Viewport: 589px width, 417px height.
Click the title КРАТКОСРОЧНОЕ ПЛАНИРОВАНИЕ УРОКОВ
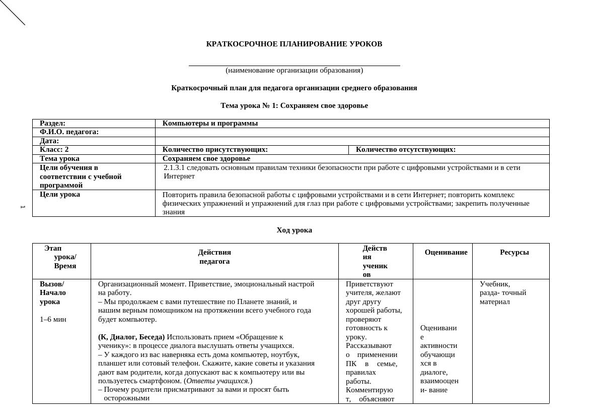[x=294, y=44]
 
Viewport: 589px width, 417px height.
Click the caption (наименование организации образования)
[x=294, y=71]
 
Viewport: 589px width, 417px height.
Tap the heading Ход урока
[x=294, y=230]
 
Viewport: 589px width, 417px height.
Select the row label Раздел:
[x=53, y=124]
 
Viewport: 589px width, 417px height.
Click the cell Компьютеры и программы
[x=210, y=124]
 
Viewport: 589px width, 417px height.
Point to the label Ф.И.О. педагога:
[x=69, y=132]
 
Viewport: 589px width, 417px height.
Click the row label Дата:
[x=49, y=141]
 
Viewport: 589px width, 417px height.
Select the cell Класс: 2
[x=54, y=150]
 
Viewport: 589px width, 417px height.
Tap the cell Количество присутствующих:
[x=215, y=150]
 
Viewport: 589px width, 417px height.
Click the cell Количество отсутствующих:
[x=405, y=150]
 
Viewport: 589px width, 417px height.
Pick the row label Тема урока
[x=59, y=159]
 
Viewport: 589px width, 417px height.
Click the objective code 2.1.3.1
[x=174, y=167]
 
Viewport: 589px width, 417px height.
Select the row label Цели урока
[x=59, y=195]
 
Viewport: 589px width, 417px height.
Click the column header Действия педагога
[x=214, y=257]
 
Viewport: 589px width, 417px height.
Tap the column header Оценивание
[x=446, y=253]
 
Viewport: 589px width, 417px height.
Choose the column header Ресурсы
[x=514, y=253]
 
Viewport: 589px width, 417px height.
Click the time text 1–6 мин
[x=53, y=320]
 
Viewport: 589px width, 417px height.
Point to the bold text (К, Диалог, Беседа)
[x=131, y=337]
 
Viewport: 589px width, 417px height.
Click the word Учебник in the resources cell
[x=494, y=284]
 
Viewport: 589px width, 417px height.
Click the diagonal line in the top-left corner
[x=12, y=12]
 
